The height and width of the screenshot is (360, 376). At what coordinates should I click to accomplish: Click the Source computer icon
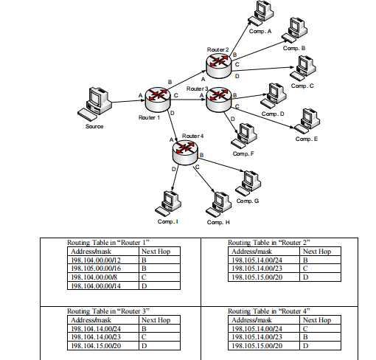click(96, 104)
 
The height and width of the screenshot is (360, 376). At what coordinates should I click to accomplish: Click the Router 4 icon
click(186, 151)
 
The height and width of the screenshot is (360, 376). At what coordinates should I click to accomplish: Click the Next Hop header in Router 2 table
click(317, 252)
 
